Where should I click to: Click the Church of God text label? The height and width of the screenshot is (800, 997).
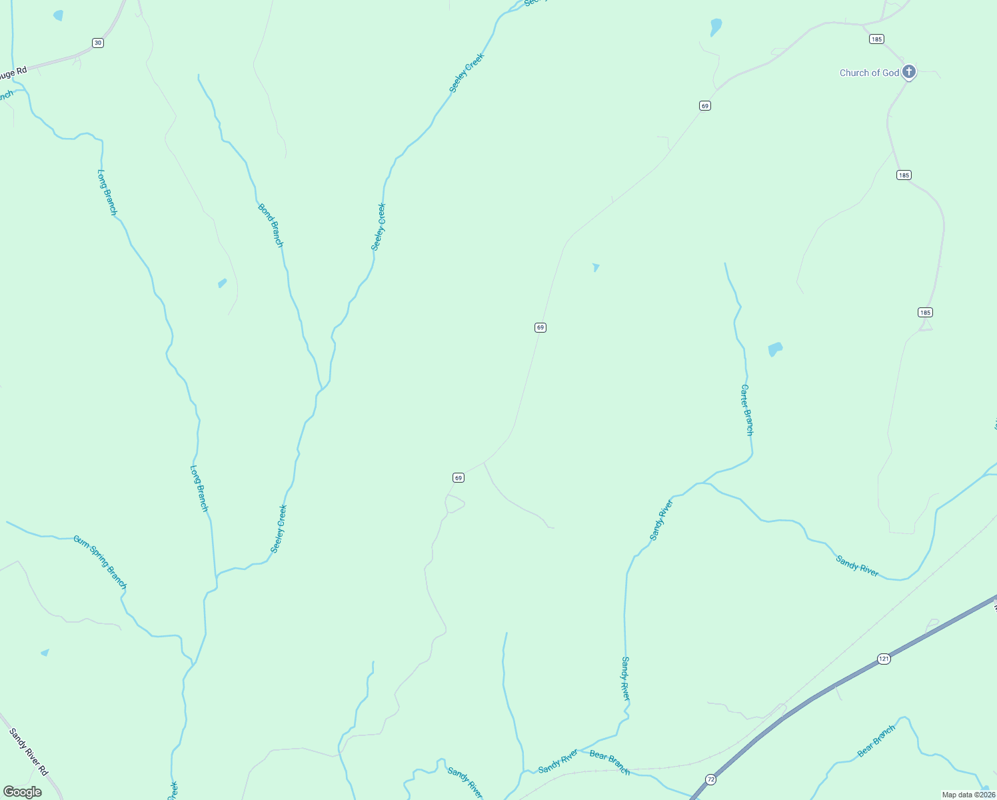pyautogui.click(x=869, y=73)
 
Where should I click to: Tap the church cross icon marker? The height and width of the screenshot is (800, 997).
pyautogui.click(x=909, y=71)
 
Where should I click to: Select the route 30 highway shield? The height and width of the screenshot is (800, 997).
pyautogui.click(x=98, y=43)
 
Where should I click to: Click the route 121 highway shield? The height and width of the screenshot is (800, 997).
pyautogui.click(x=884, y=659)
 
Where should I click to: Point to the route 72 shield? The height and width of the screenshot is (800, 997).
pyautogui.click(x=711, y=779)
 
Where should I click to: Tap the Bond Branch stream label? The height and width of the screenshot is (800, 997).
pyautogui.click(x=271, y=226)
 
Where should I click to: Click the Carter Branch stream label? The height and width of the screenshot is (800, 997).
pyautogui.click(x=747, y=409)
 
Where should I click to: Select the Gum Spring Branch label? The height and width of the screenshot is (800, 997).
pyautogui.click(x=100, y=561)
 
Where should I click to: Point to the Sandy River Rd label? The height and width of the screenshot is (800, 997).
pyautogui.click(x=29, y=751)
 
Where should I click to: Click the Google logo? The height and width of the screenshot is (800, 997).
pyautogui.click(x=22, y=792)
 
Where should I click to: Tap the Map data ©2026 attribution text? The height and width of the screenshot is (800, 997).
pyautogui.click(x=968, y=795)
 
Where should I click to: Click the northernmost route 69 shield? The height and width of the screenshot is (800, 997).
pyautogui.click(x=705, y=105)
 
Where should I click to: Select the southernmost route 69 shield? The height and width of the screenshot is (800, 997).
pyautogui.click(x=458, y=477)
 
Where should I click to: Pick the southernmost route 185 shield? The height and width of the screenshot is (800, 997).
pyautogui.click(x=924, y=312)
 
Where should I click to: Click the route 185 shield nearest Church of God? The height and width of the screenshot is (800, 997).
pyautogui.click(x=876, y=39)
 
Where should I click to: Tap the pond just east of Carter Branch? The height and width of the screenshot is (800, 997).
pyautogui.click(x=774, y=349)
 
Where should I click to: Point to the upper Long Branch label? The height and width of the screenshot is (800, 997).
pyautogui.click(x=107, y=192)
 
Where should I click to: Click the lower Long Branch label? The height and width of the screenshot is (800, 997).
pyautogui.click(x=199, y=489)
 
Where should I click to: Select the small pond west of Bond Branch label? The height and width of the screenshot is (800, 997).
pyautogui.click(x=222, y=283)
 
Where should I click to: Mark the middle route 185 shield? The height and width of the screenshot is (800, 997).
pyautogui.click(x=904, y=175)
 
